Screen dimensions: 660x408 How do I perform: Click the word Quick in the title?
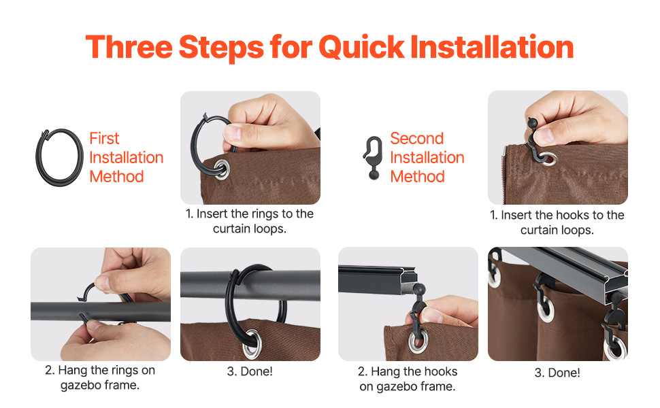[x=361, y=48]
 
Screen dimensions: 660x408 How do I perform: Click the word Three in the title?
[x=129, y=47]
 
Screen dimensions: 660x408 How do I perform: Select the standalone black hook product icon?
[x=373, y=158]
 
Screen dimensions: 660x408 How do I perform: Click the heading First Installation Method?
[x=127, y=157]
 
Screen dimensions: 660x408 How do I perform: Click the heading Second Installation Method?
[x=427, y=157]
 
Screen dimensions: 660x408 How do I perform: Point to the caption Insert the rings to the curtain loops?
[x=250, y=221]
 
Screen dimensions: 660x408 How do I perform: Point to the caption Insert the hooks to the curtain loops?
[x=557, y=222]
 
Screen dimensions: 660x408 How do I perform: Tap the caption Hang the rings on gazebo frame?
[x=100, y=377]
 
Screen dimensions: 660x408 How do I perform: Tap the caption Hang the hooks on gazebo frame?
[x=408, y=379]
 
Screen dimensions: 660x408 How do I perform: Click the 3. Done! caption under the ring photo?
[x=250, y=371]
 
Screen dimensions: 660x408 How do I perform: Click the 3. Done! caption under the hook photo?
[x=557, y=373]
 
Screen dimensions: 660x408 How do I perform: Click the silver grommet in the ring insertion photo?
[x=221, y=169]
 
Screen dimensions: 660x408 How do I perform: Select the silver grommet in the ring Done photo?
[x=252, y=343]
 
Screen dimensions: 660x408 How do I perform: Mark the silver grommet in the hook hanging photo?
[x=418, y=340]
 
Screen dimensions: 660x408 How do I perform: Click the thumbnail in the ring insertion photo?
[x=232, y=133]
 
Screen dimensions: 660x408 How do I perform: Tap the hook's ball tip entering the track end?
[x=419, y=289]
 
